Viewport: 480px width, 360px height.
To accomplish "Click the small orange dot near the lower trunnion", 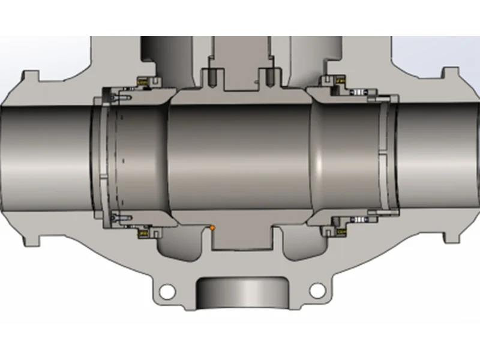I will (212, 227).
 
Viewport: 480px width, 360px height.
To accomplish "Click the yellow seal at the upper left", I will (144, 81).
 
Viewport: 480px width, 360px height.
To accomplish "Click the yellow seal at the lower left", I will (144, 232).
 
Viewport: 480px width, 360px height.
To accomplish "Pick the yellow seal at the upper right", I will (340, 80).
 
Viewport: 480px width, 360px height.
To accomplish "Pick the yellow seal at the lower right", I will (341, 230).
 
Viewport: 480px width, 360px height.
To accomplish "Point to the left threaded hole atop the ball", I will (212, 76).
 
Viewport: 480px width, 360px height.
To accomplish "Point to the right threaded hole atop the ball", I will (269, 76).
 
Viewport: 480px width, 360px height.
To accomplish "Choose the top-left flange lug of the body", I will (30, 81).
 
